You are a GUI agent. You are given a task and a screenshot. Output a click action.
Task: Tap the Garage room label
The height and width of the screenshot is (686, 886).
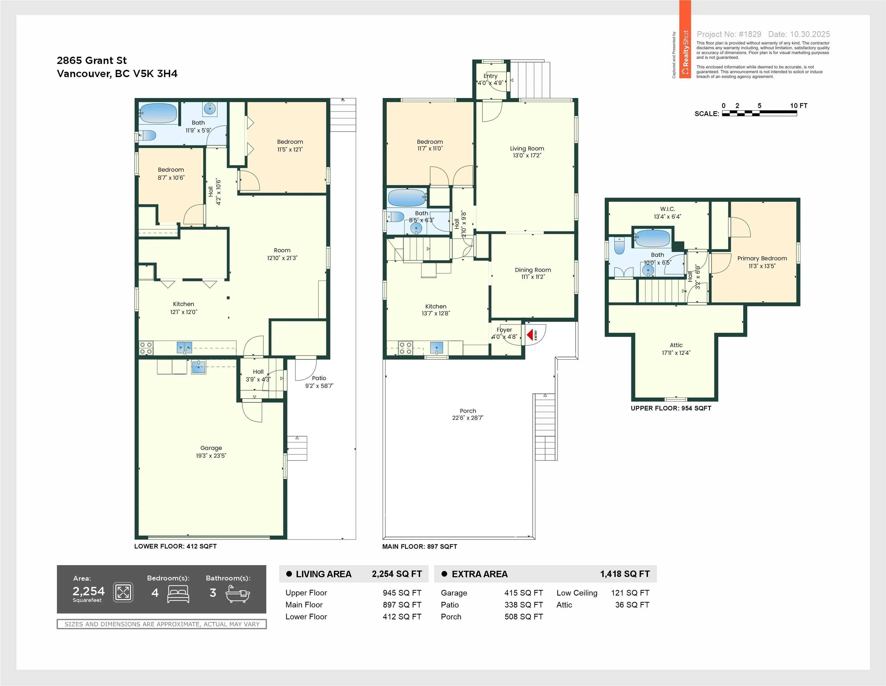211,448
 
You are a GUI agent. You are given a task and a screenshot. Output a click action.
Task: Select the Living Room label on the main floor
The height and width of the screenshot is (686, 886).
527,149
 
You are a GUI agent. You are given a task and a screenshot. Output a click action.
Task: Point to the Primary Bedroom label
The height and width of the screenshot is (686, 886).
762,258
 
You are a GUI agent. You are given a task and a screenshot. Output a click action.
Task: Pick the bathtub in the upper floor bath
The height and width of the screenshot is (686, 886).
652,238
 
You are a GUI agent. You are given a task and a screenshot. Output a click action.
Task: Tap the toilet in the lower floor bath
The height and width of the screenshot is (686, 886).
147,135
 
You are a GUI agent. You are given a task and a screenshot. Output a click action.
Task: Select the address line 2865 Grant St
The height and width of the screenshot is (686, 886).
92,60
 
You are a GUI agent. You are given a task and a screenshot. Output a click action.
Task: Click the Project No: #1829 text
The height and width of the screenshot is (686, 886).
729,34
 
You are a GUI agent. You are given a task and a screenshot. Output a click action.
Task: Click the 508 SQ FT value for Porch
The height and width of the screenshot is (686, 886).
523,617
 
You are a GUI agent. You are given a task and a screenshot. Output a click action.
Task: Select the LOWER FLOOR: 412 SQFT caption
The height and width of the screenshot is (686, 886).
175,546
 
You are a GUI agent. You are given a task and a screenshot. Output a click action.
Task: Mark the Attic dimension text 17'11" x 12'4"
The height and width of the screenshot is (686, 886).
676,353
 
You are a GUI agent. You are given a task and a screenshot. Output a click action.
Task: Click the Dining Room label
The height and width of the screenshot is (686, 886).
533,270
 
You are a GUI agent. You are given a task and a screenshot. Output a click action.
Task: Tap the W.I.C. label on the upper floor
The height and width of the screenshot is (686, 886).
667,209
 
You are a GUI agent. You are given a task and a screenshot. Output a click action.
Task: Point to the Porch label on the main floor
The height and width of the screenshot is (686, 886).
468,411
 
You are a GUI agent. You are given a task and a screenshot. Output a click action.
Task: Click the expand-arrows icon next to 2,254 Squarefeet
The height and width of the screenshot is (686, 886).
123,592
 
